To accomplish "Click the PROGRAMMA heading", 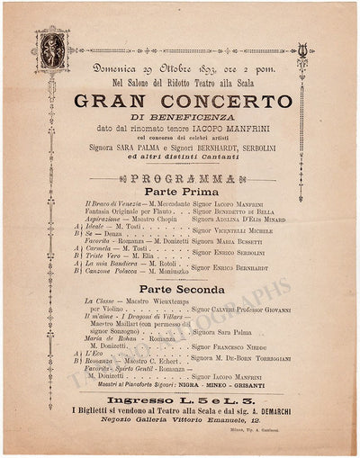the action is click(179, 179).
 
